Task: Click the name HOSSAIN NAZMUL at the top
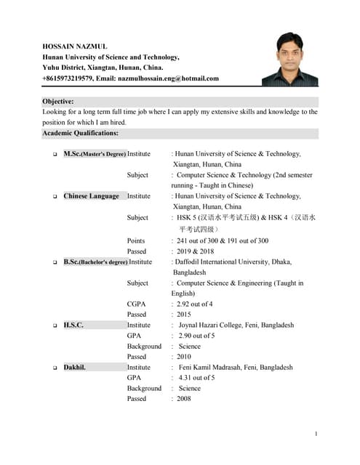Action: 76,46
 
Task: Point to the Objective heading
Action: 58,102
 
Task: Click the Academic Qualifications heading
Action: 80,133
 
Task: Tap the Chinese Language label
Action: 91,196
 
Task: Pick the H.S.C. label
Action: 73,325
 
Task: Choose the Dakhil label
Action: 74,368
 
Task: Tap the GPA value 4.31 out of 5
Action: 196,378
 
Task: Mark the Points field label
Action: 136,240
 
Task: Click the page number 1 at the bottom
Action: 316,434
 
